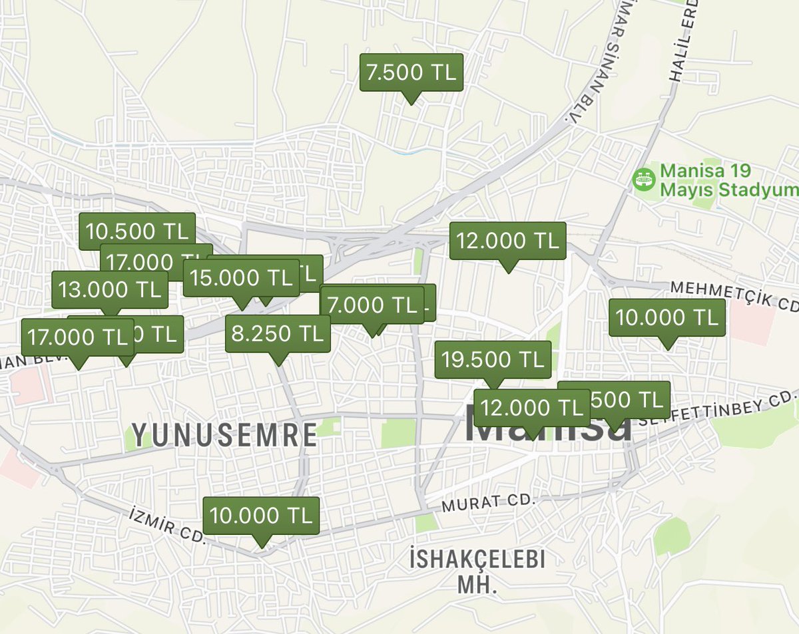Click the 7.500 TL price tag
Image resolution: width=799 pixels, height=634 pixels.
411,73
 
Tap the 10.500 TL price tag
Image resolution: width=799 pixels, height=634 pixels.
136,231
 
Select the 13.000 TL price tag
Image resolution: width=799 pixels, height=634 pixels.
109,289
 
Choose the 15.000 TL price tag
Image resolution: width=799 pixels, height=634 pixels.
240,277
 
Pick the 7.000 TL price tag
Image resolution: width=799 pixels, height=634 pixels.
371,305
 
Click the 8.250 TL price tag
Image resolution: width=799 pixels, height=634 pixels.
278,333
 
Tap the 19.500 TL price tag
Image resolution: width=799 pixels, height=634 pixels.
493,359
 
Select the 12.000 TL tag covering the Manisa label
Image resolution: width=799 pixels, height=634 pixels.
531,407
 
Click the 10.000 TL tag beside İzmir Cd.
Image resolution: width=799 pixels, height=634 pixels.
261,515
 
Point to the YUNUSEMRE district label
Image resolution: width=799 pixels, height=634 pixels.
224,435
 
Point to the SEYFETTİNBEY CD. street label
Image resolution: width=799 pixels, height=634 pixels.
718,409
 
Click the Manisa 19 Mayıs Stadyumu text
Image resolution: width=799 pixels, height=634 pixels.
727,181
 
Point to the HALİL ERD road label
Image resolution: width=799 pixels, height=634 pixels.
686,40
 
